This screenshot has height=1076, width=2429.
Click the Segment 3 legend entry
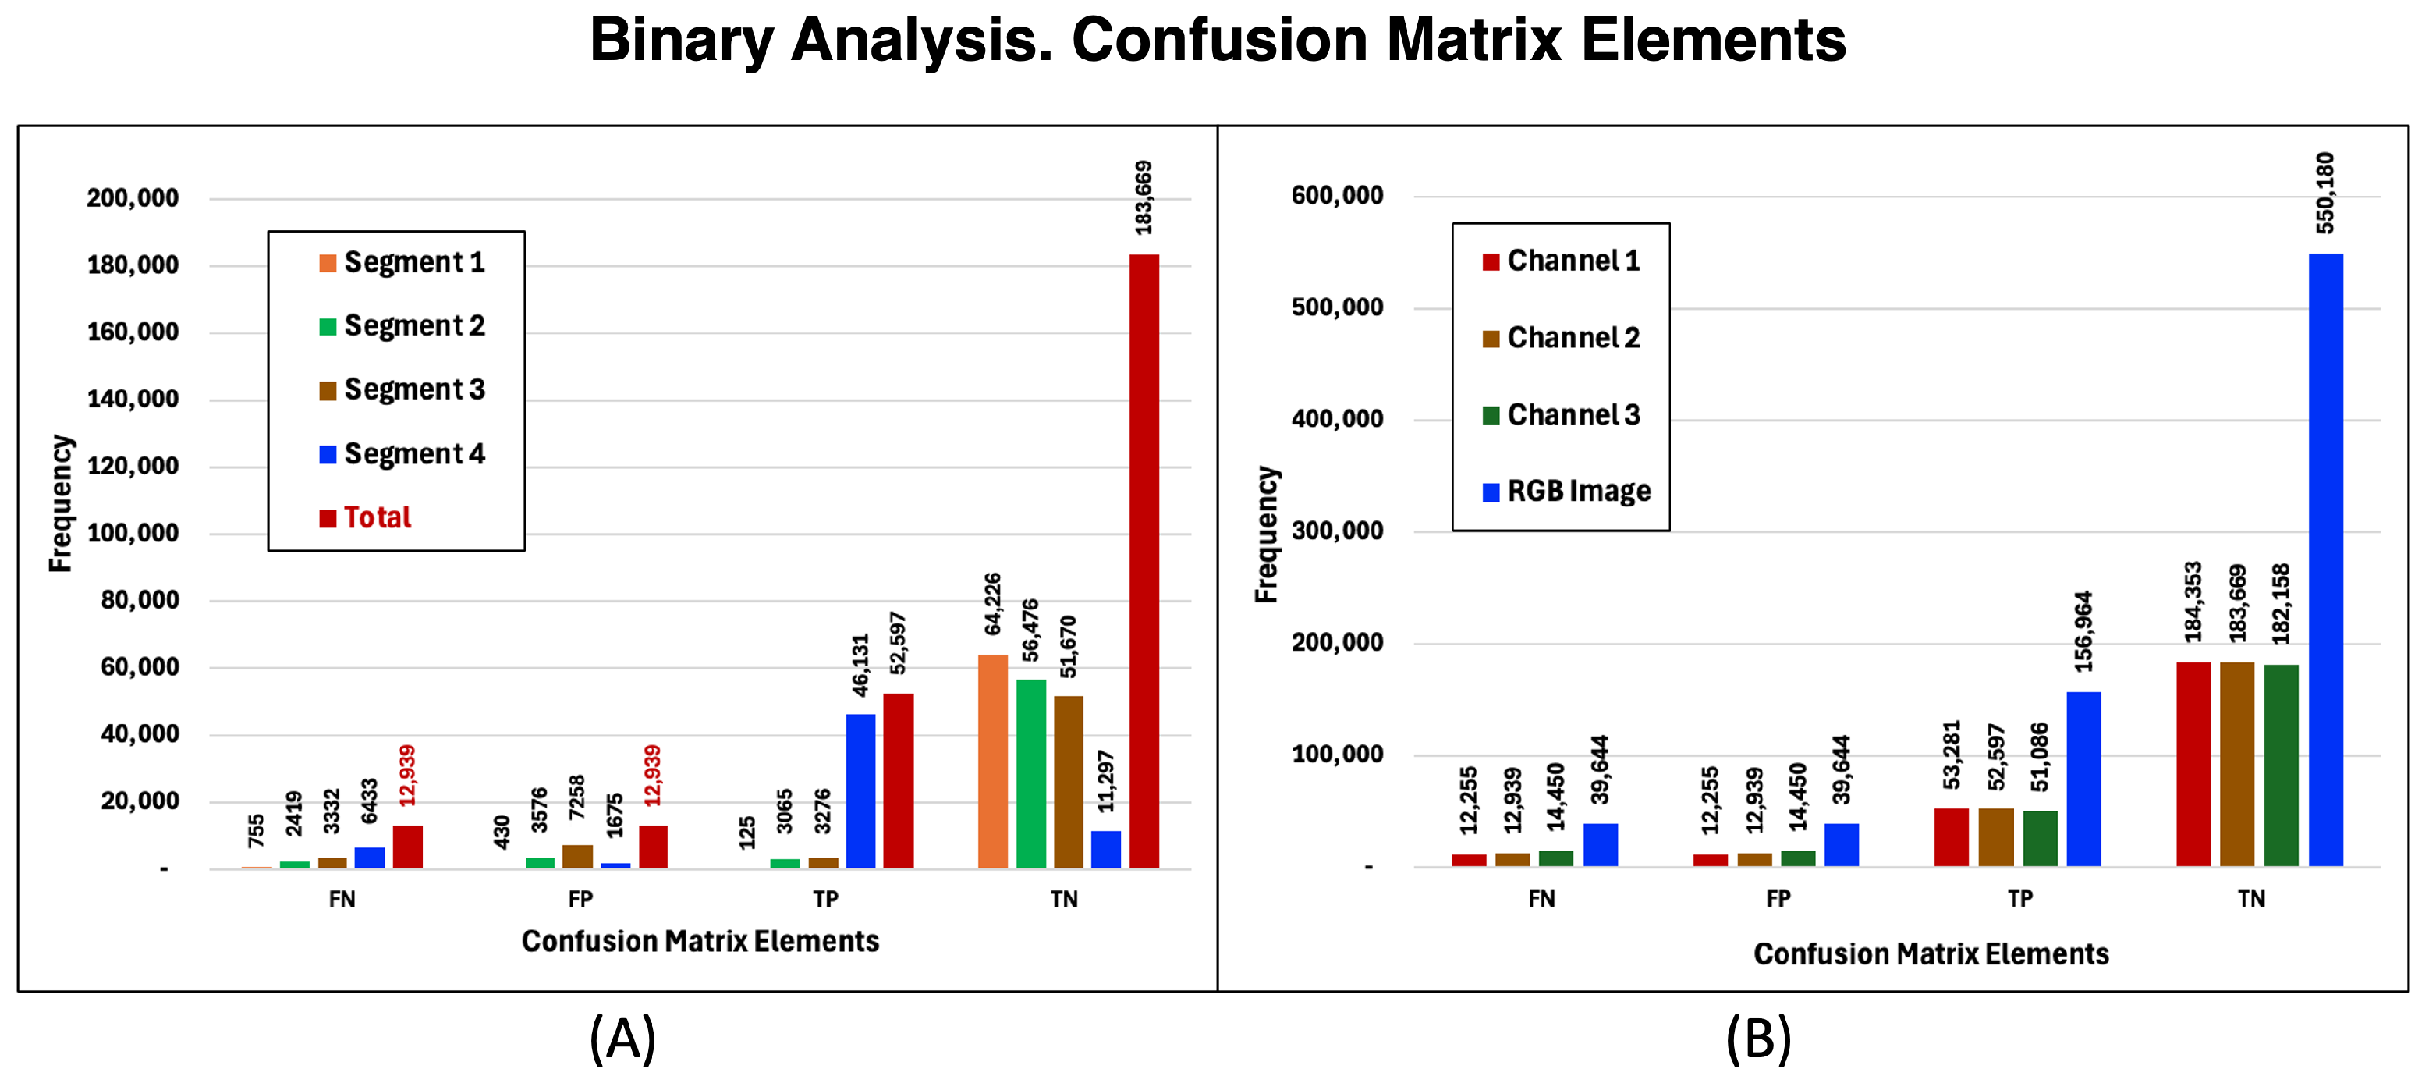tap(402, 389)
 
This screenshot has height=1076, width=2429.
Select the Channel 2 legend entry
tap(1562, 338)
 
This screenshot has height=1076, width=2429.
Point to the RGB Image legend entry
tap(1567, 492)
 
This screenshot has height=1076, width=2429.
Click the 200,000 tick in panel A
tap(133, 198)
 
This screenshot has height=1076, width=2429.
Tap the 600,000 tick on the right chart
tap(1337, 195)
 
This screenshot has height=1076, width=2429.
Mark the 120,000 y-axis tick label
tap(133, 466)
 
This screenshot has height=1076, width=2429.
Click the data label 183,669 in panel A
tap(1144, 198)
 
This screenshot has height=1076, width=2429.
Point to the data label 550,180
tap(2325, 194)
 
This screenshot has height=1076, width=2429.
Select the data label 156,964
tap(2084, 632)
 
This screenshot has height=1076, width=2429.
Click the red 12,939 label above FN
tap(407, 775)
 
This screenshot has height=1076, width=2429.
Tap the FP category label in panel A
tap(581, 900)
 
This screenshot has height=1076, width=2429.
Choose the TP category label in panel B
tap(2019, 899)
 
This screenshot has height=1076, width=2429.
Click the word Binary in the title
tap(682, 41)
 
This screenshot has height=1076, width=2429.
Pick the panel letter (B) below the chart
tap(1759, 1039)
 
